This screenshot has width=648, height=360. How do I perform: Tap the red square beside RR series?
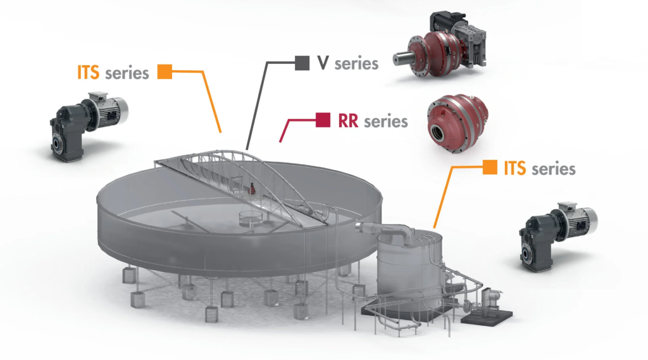[x=323, y=120]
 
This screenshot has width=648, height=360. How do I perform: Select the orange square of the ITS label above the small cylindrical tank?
[x=489, y=168]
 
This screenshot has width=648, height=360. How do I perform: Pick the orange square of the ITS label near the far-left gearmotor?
[x=165, y=72]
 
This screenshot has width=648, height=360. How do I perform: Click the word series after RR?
[x=386, y=120]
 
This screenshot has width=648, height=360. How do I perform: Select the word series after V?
[x=356, y=63]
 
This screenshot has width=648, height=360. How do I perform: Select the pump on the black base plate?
[x=489, y=299]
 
